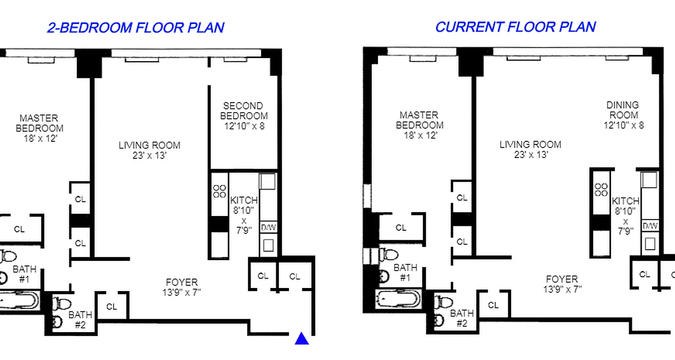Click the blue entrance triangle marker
[x=301, y=338]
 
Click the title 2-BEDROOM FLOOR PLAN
[x=135, y=27]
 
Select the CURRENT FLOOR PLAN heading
[x=515, y=27]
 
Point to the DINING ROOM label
[x=623, y=110]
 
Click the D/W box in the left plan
[x=268, y=228]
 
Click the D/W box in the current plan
[x=650, y=226]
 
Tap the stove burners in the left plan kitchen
[x=220, y=191]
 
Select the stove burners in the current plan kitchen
[x=601, y=189]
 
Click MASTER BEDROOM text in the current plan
[x=419, y=120]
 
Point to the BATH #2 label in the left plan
[x=80, y=319]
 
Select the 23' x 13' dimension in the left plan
[x=149, y=156]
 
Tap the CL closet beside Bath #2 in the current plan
[x=493, y=305]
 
